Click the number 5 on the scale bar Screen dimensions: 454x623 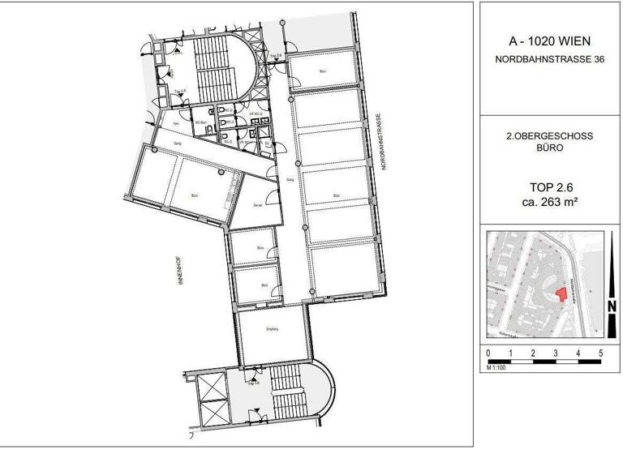[x=600, y=354]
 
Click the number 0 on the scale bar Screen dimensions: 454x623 [x=488, y=354]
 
